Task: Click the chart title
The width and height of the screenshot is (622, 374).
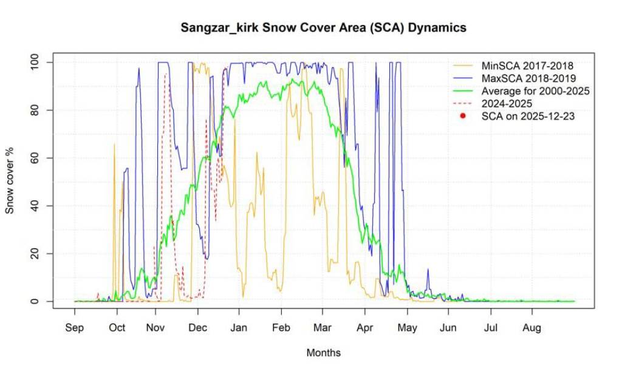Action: (x=323, y=28)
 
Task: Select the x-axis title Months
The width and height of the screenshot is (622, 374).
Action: (x=323, y=353)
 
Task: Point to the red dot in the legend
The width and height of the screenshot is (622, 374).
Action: (x=463, y=116)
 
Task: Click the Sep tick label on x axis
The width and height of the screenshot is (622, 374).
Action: (x=75, y=328)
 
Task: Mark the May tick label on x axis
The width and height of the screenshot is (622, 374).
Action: (x=406, y=328)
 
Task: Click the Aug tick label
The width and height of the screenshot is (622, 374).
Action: (x=532, y=328)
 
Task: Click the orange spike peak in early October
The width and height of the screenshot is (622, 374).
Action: (x=114, y=144)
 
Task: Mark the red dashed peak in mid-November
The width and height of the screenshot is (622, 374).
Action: (x=165, y=74)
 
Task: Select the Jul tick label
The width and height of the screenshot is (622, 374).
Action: (x=490, y=328)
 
